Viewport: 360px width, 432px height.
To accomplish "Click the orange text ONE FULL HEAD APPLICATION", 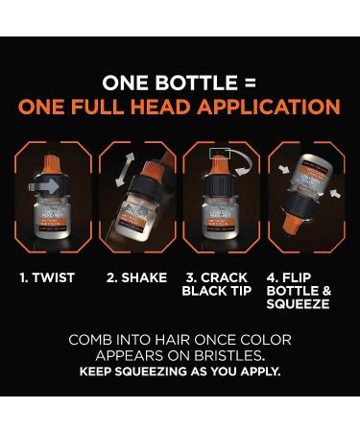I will tap(180, 107).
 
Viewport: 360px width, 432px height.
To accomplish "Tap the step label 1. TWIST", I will tap(48, 278).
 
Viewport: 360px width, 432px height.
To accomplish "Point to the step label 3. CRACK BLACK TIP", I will tap(219, 284).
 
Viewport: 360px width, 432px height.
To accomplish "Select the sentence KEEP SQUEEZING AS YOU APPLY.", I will tap(180, 372).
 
